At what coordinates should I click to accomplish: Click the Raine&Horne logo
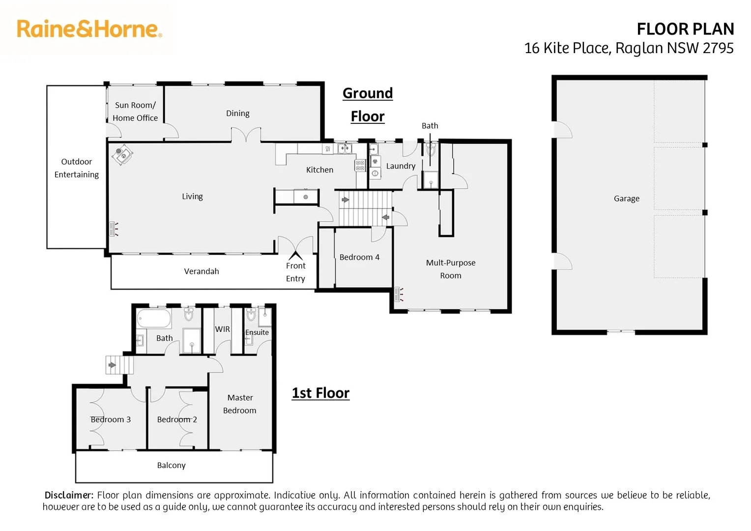(x=89, y=29)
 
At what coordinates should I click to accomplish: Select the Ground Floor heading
(x=368, y=104)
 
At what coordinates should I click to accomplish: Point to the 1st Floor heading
(x=320, y=393)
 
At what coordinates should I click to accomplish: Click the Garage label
(x=626, y=199)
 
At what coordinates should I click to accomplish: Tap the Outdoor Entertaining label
(x=76, y=168)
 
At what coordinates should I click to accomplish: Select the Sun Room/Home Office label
(x=135, y=112)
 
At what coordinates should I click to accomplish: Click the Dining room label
(x=237, y=114)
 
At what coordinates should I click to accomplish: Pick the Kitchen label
(x=319, y=170)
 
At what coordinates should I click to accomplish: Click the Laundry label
(x=401, y=166)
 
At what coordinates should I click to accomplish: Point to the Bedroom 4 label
(x=359, y=257)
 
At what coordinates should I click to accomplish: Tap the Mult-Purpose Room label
(x=450, y=269)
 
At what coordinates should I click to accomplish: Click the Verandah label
(x=202, y=271)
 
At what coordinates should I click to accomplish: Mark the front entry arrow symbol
(x=295, y=256)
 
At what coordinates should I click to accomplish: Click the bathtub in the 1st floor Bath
(x=153, y=319)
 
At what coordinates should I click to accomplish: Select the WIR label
(x=222, y=329)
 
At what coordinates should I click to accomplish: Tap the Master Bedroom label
(x=240, y=404)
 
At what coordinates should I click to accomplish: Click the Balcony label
(x=171, y=465)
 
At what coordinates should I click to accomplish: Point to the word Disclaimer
(x=69, y=495)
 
